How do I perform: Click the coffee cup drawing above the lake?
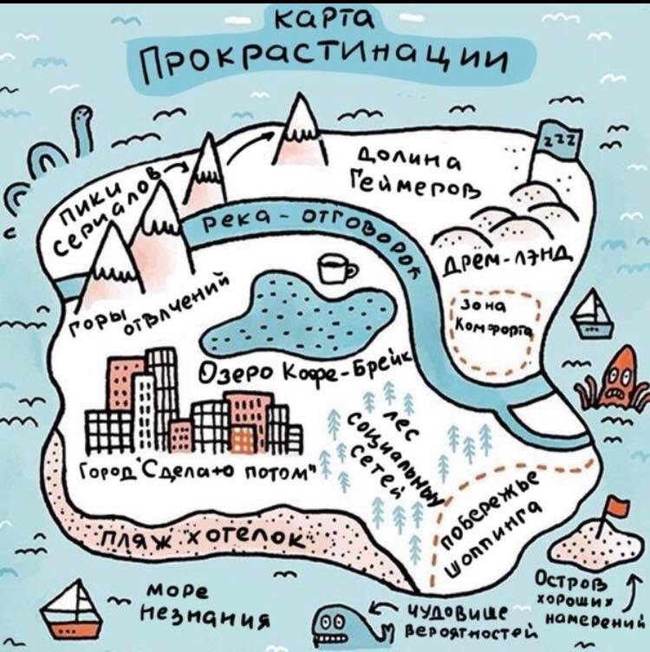coord(336,269)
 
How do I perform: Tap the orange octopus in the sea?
coord(614,378)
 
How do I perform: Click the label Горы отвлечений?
coord(147,308)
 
